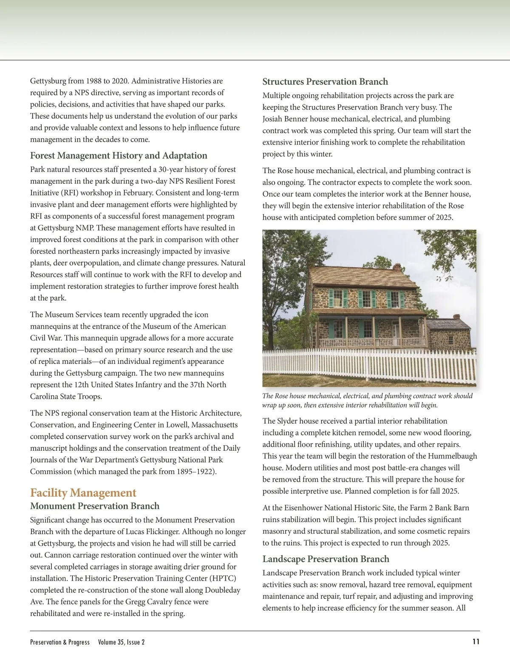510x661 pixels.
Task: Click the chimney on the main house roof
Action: click(x=397, y=267)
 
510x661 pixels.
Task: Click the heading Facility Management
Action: click(x=83, y=493)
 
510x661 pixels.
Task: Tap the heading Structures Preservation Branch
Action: click(x=325, y=82)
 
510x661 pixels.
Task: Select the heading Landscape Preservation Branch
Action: click(x=326, y=559)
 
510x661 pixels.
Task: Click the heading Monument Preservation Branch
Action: click(x=95, y=506)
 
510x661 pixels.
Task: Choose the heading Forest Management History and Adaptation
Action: click(x=119, y=155)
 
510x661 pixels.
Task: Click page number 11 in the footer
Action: click(x=476, y=642)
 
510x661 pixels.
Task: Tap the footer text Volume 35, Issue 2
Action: click(x=121, y=642)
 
